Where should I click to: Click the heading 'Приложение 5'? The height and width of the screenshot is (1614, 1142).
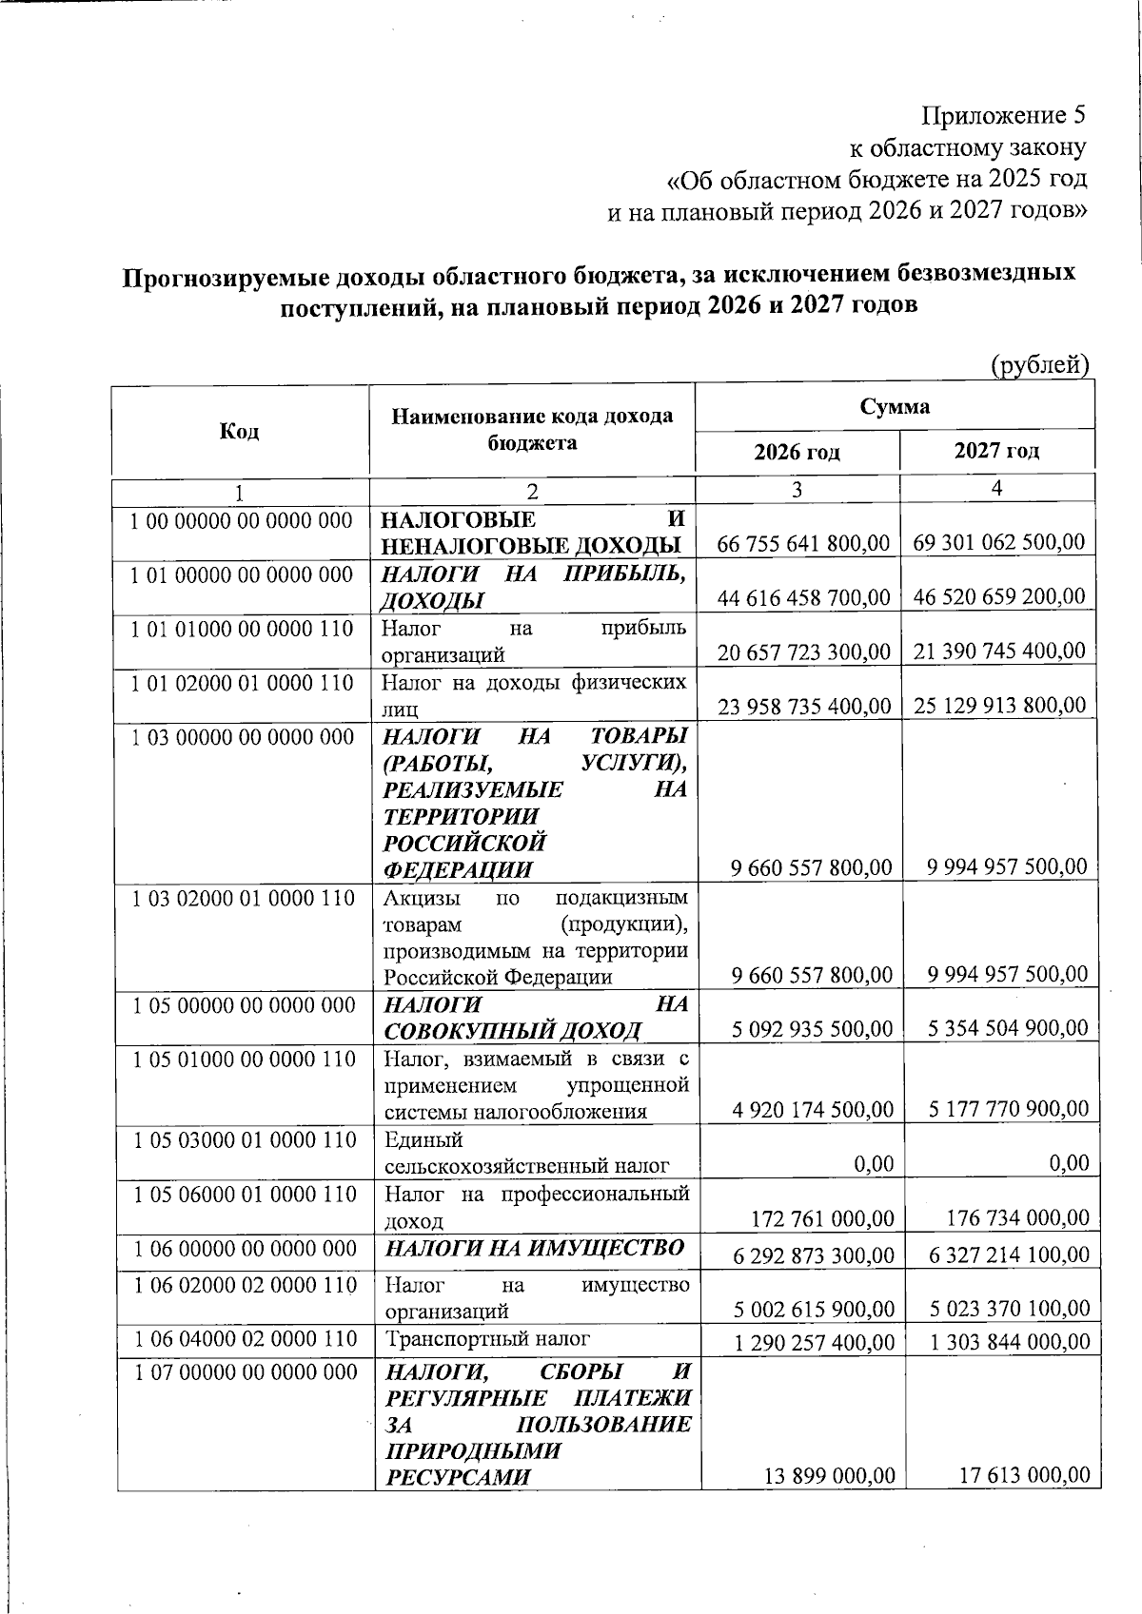(1003, 116)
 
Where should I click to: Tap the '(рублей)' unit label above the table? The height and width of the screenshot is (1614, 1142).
(1039, 363)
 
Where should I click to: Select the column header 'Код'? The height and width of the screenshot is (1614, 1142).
(240, 431)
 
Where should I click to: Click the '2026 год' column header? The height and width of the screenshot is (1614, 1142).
(797, 451)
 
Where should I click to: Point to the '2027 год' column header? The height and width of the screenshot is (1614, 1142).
(996, 450)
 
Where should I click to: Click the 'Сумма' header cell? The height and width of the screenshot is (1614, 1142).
(895, 407)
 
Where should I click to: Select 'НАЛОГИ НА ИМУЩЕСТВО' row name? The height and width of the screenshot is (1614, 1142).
(533, 1248)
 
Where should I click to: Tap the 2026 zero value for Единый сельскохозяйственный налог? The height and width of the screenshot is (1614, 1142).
(873, 1163)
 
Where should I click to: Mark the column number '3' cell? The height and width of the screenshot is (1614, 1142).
(797, 489)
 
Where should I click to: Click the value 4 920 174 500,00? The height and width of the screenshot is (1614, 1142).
(812, 1109)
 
